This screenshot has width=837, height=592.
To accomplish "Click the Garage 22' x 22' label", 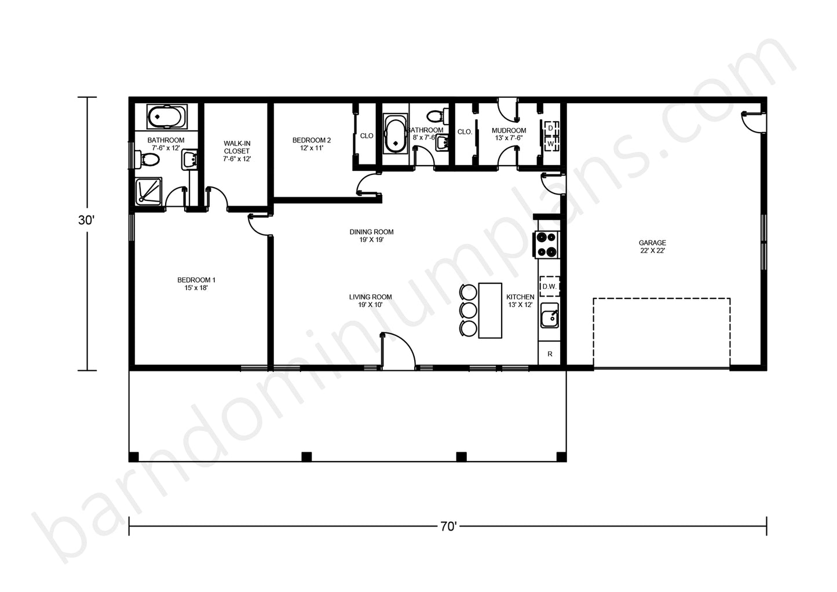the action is [652, 247].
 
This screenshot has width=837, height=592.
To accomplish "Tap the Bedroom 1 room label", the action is [196, 284].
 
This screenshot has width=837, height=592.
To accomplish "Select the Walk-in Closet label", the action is [237, 151].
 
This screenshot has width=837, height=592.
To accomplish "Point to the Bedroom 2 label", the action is [311, 144].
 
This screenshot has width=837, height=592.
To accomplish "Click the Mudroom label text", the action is [509, 134].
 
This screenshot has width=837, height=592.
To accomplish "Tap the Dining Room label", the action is [371, 235].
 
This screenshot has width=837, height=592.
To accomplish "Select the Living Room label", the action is [370, 301].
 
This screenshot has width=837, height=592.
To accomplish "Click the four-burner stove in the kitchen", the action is [546, 245].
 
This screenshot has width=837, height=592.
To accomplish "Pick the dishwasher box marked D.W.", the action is [549, 286].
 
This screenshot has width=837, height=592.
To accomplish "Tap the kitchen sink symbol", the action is [550, 316].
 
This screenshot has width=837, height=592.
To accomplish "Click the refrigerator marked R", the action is [549, 353].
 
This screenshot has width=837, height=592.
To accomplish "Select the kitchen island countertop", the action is [490, 310].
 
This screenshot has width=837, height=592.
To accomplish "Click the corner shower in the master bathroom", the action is [148, 191].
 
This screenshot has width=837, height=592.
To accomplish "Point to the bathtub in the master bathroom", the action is [167, 116].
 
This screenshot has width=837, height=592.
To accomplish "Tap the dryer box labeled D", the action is [551, 128].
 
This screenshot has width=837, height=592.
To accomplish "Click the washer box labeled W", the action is [551, 144].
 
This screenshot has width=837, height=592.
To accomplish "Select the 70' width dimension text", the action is [448, 526].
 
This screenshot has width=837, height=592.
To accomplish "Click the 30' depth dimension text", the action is [86, 220].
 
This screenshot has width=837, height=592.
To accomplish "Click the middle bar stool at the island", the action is [468, 310].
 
